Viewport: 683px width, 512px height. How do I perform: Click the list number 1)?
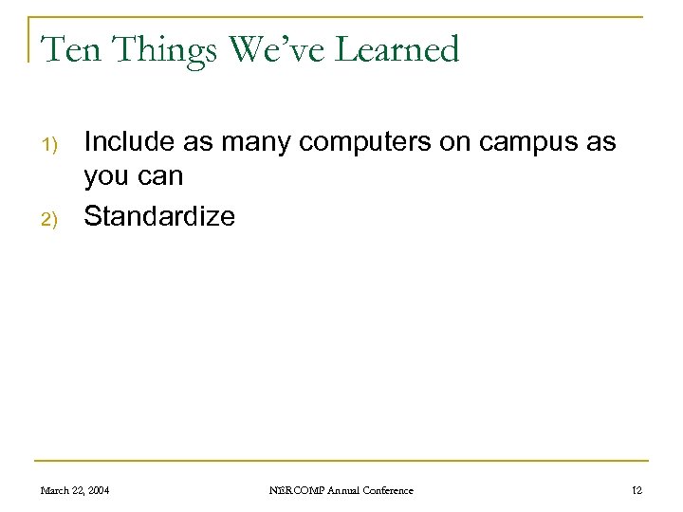(50, 145)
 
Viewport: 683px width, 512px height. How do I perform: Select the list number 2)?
(50, 218)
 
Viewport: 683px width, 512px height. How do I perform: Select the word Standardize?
(159, 216)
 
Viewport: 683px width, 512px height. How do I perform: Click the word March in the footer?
(54, 490)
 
